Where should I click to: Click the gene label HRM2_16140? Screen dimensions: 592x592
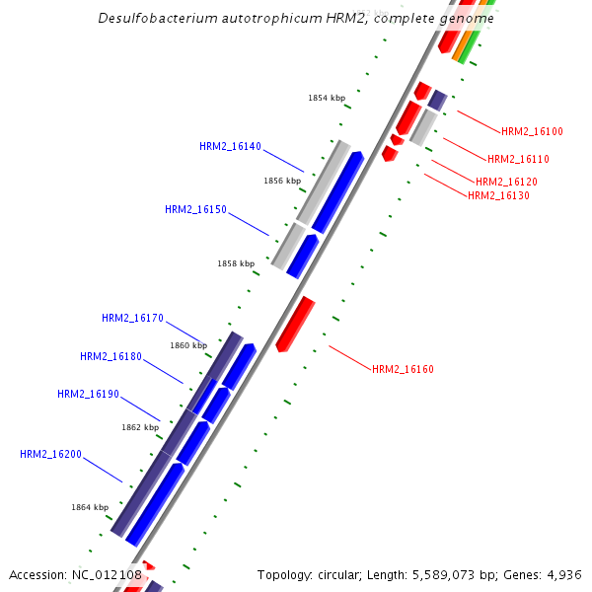[x=230, y=147]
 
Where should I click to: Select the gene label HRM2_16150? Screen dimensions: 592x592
[x=195, y=210]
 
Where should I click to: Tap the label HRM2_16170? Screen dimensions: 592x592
[x=132, y=319]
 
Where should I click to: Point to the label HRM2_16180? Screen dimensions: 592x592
[x=111, y=357]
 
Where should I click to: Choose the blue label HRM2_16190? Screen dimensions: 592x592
[x=88, y=395]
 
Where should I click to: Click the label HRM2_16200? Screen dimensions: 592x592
[x=50, y=455]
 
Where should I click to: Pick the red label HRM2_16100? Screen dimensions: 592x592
[x=532, y=132]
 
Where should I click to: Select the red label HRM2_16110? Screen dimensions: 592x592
[x=518, y=160]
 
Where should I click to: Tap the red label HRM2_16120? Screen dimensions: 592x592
[x=506, y=183]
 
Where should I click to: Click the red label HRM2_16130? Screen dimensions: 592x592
[x=498, y=196]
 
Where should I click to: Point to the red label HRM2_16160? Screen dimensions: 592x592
[x=403, y=370]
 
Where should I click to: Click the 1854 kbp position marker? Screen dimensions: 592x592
[x=327, y=99]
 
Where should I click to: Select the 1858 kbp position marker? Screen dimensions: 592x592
[x=236, y=264]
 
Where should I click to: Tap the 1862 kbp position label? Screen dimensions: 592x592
[x=140, y=428]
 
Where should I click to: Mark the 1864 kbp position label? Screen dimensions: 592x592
[x=90, y=507]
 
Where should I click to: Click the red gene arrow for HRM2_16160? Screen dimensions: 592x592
[x=294, y=324]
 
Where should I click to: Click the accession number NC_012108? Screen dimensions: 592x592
[x=107, y=575]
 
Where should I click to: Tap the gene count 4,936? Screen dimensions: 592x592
[x=563, y=575]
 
